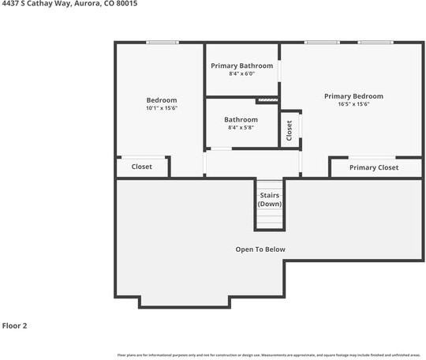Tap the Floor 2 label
pyautogui.click(x=15, y=324)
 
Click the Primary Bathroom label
pyautogui.click(x=242, y=66)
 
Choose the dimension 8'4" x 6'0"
pyautogui.click(x=242, y=74)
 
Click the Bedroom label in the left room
pyautogui.click(x=162, y=99)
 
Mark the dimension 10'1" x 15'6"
pyautogui.click(x=162, y=108)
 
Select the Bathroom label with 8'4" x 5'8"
pyautogui.click(x=241, y=119)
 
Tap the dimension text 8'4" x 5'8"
pyautogui.click(x=241, y=127)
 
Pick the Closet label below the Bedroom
pyautogui.click(x=142, y=167)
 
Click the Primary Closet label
pyautogui.click(x=374, y=167)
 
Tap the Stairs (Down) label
pyautogui.click(x=270, y=199)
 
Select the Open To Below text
pyautogui.click(x=260, y=249)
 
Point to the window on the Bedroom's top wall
pyautogui.click(x=163, y=43)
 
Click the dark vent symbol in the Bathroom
pyautogui.click(x=267, y=100)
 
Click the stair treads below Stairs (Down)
pyautogui.click(x=270, y=219)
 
